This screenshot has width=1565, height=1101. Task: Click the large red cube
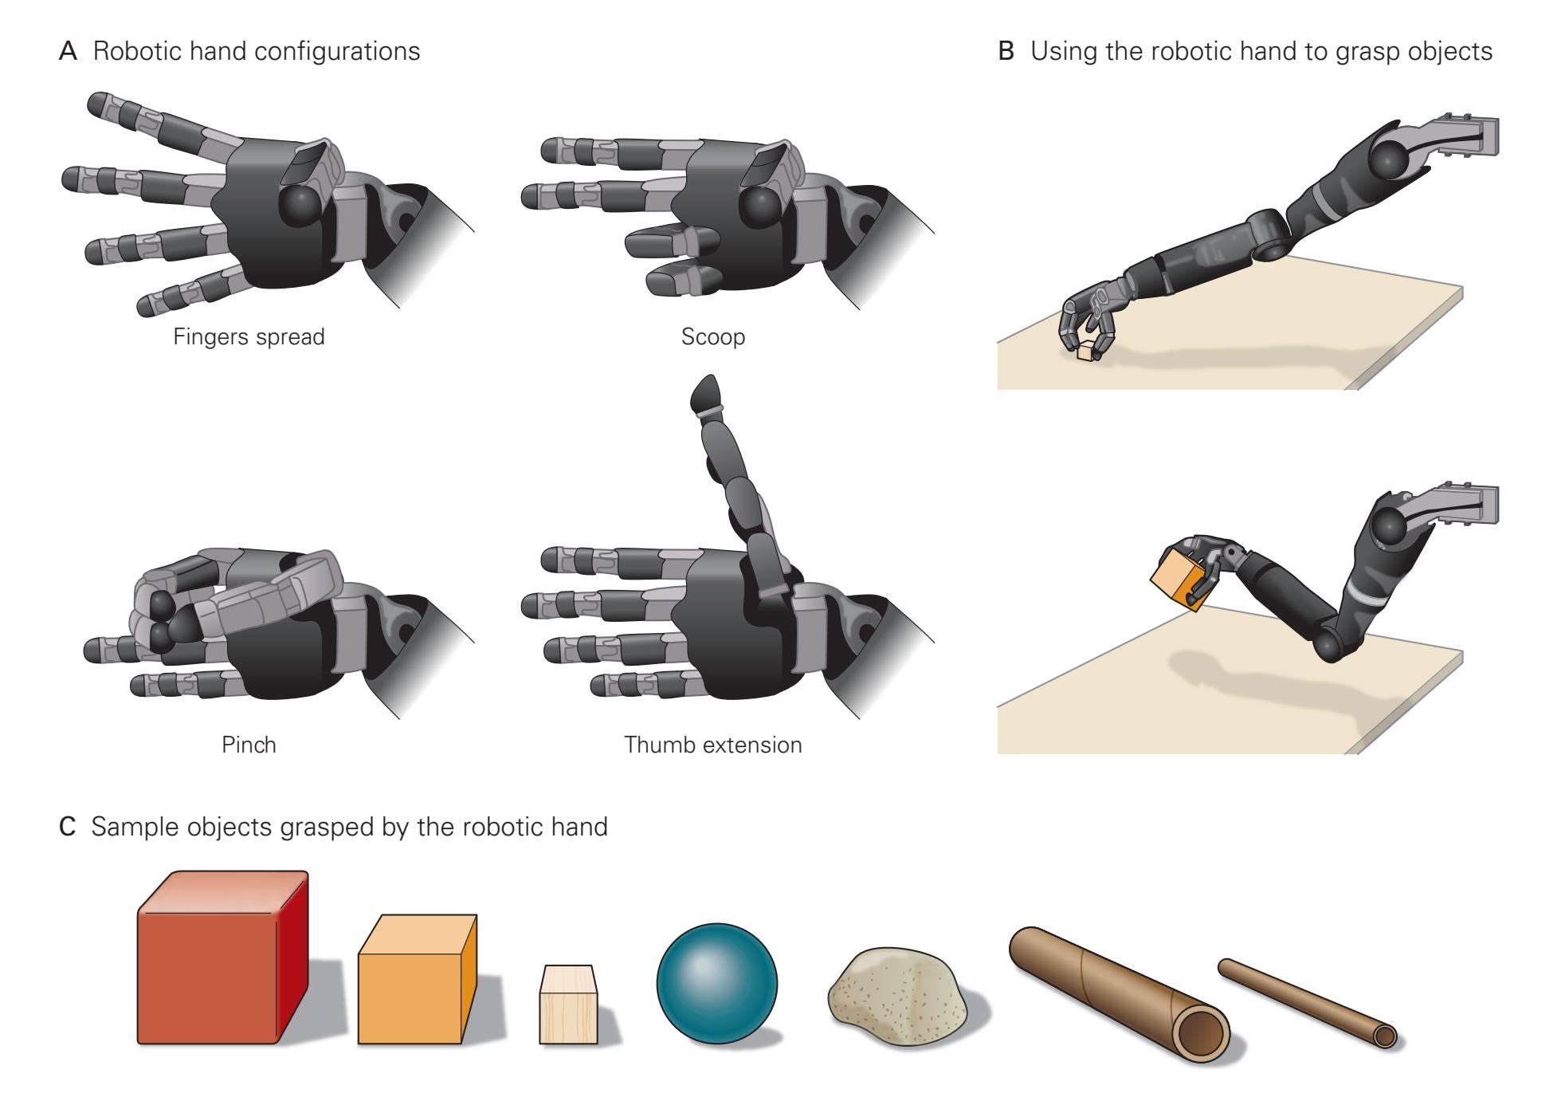click(x=222, y=957)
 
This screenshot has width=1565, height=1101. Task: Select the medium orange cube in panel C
click(x=417, y=979)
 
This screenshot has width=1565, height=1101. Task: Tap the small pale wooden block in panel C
click(x=568, y=1005)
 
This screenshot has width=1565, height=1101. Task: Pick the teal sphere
click(x=716, y=983)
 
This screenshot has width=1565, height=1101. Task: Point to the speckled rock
click(x=898, y=997)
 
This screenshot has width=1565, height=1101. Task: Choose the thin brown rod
click(x=1308, y=1002)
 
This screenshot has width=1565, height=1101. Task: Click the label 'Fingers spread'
click(x=249, y=337)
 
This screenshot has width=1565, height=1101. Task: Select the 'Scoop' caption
click(x=713, y=337)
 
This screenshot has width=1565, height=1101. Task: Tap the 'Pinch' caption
click(x=249, y=745)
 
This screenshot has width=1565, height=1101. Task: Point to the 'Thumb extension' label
click(x=712, y=745)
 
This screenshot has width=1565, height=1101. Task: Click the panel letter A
click(x=68, y=52)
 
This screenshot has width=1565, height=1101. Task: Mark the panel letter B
click(x=1006, y=52)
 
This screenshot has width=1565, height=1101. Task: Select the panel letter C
click(x=68, y=827)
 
